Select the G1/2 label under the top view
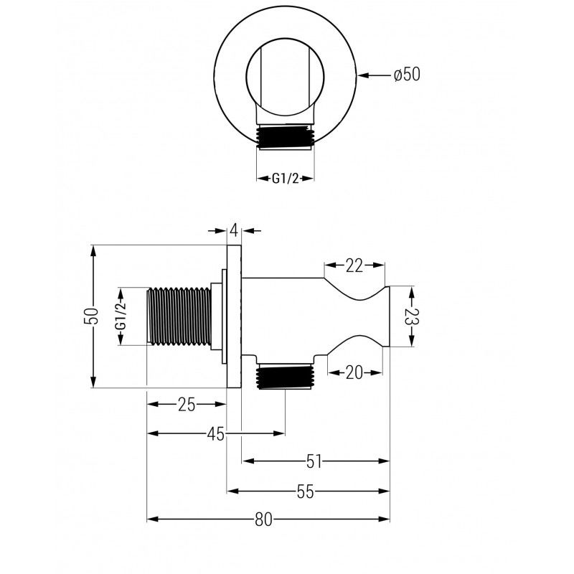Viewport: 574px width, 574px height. [x=285, y=179]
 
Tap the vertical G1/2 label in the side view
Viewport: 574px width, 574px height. [x=121, y=316]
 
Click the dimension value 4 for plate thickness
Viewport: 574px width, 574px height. [x=234, y=230]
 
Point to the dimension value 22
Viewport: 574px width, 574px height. [x=354, y=265]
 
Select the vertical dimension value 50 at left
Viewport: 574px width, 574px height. [x=91, y=316]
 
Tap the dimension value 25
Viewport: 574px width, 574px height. [x=187, y=405]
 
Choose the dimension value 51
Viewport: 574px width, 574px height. [x=314, y=461]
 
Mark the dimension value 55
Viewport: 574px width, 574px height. [x=306, y=491]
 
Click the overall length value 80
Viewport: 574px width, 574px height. [x=264, y=520]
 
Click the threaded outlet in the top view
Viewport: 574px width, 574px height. [x=285, y=138]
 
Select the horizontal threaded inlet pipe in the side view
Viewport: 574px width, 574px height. [x=179, y=316]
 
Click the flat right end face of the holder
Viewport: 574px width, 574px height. [x=388, y=316]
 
